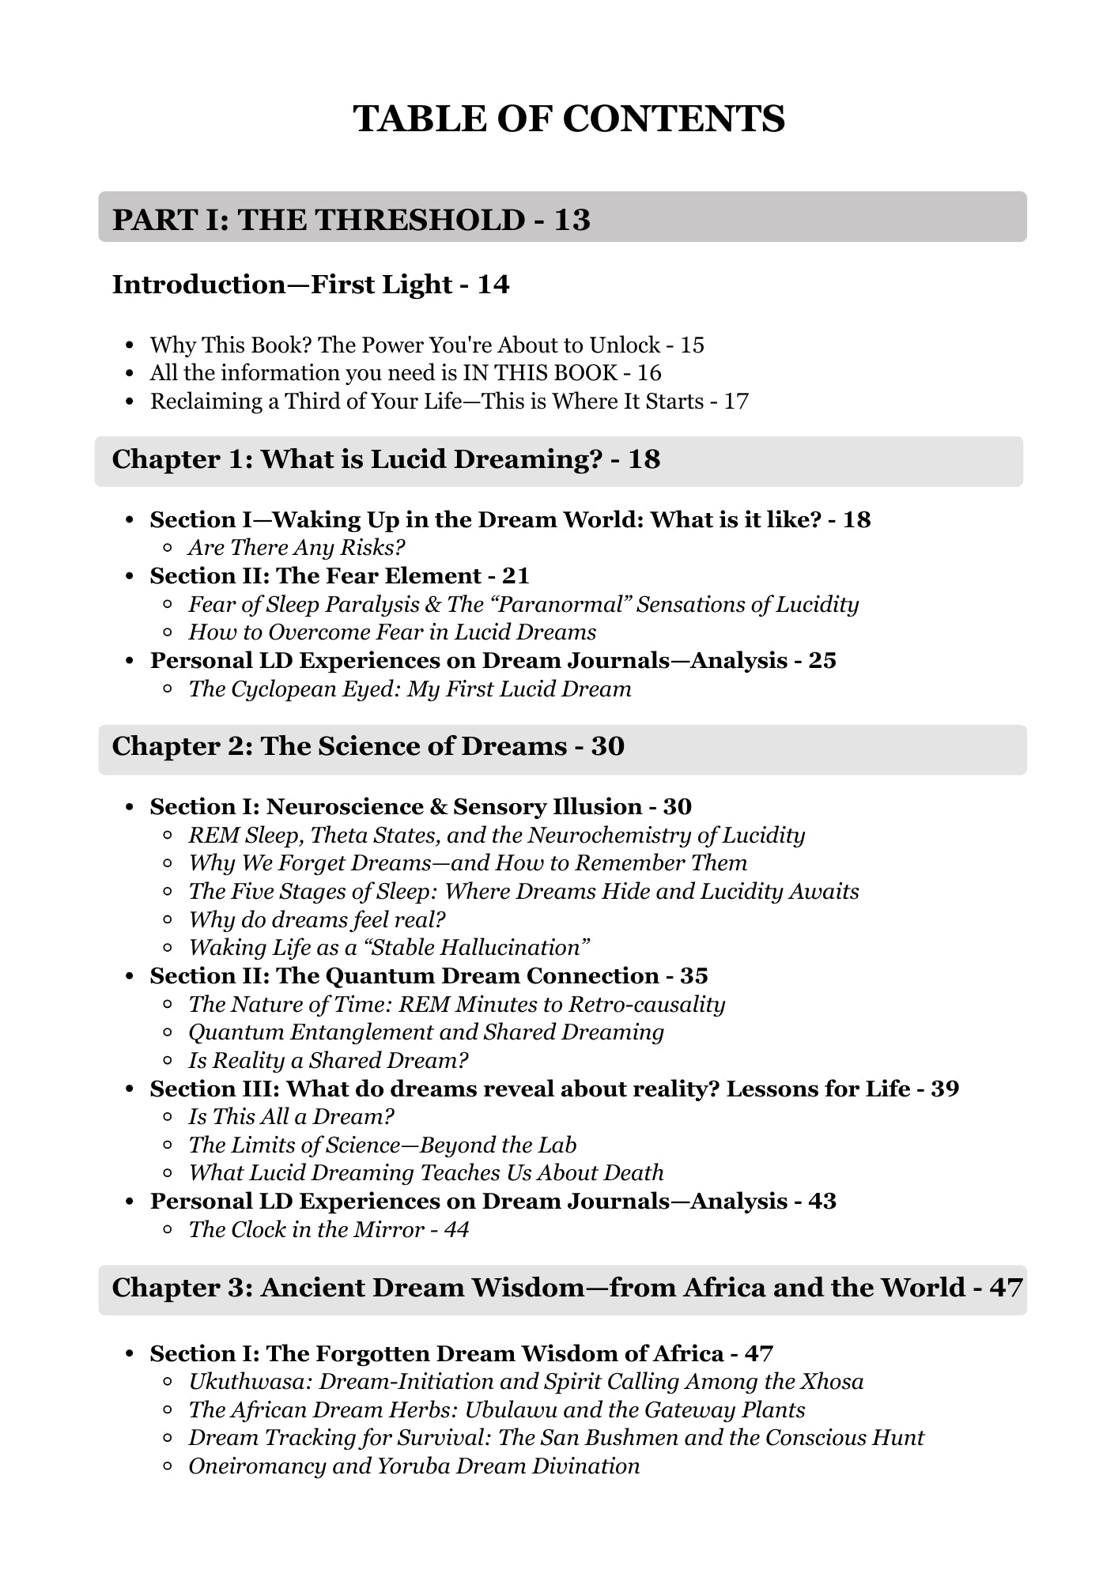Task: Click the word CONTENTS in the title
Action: (674, 119)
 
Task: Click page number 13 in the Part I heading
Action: (572, 220)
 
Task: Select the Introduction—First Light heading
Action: (311, 285)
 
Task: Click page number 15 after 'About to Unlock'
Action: (692, 345)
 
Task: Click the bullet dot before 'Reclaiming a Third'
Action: (131, 402)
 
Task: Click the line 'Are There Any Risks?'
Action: (296, 548)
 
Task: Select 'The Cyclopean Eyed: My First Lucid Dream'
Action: (410, 689)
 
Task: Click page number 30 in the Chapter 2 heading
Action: (607, 746)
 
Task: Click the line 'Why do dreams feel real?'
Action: (317, 920)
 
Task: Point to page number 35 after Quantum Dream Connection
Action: (694, 976)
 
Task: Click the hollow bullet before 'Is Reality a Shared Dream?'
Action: (168, 1061)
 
